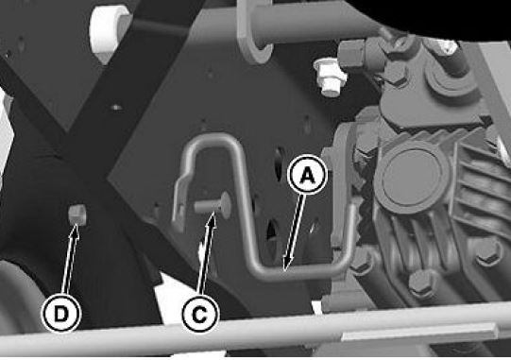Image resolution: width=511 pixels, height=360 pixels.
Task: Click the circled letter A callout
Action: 306,176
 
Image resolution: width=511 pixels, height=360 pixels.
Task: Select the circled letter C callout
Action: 200,314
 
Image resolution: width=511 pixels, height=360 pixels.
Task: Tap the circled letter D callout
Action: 61,314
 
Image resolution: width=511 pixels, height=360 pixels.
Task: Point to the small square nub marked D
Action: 77,215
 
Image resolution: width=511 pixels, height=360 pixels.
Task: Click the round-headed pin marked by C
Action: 213,206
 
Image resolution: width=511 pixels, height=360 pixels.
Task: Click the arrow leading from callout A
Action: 295,232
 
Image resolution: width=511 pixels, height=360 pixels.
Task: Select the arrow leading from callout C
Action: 206,253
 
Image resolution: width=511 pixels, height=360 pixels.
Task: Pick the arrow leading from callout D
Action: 71,259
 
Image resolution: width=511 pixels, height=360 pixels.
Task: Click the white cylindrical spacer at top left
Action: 110,32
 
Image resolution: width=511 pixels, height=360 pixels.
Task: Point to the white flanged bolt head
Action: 329,77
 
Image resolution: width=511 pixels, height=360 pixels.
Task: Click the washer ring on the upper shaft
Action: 253,30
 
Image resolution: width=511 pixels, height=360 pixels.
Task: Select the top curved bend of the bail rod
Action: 212,139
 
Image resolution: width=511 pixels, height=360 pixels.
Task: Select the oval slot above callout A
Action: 280,165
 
